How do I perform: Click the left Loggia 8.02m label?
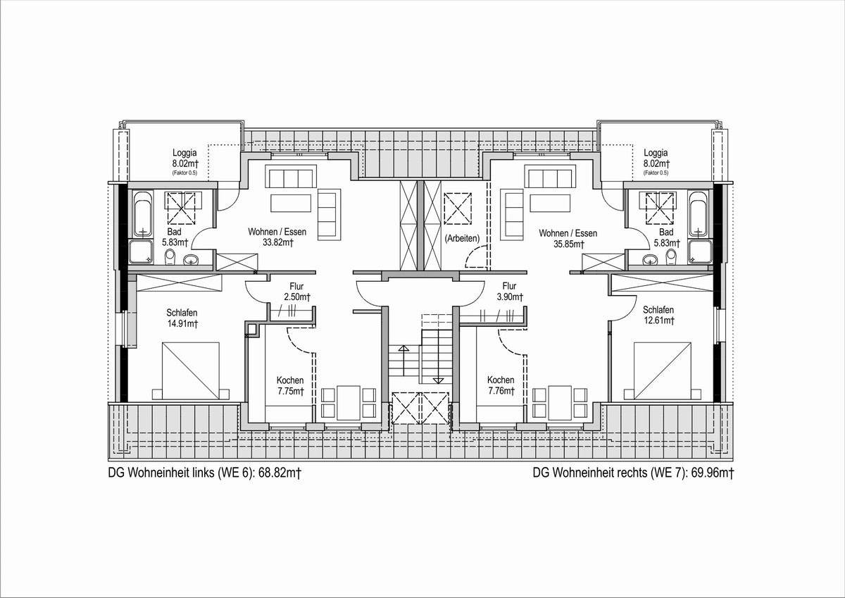pyautogui.click(x=185, y=158)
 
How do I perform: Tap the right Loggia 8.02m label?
pyautogui.click(x=656, y=158)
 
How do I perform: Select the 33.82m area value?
pyautogui.click(x=278, y=242)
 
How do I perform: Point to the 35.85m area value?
pyautogui.click(x=569, y=244)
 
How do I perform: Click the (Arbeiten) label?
pyautogui.click(x=462, y=239)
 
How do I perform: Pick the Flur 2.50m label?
pyautogui.click(x=297, y=292)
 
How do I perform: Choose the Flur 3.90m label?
pyautogui.click(x=510, y=292)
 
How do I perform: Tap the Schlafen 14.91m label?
pyautogui.click(x=182, y=318)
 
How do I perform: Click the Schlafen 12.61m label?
pyautogui.click(x=658, y=315)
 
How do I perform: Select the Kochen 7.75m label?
pyautogui.click(x=290, y=385)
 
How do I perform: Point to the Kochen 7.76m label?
pyautogui.click(x=501, y=385)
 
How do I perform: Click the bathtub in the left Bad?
pyautogui.click(x=144, y=213)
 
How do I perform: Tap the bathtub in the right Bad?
pyautogui.click(x=699, y=213)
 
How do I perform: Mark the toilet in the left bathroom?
pyautogui.click(x=170, y=257)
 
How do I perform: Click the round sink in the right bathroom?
pyautogui.click(x=650, y=260)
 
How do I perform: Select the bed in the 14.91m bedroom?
pyautogui.click(x=191, y=371)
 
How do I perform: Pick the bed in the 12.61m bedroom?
pyautogui.click(x=663, y=371)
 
